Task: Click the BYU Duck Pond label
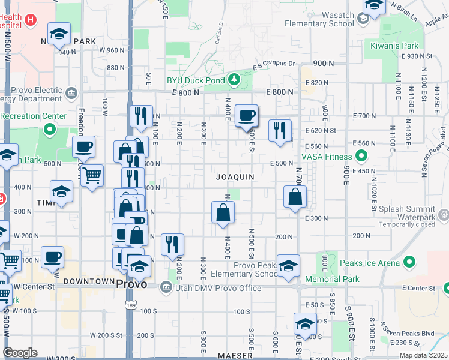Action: (x=194, y=80)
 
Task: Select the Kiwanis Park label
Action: (x=410, y=46)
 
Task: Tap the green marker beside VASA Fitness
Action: (x=361, y=157)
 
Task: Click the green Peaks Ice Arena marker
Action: (x=410, y=262)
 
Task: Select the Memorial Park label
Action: (x=332, y=279)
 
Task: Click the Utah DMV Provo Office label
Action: (x=218, y=288)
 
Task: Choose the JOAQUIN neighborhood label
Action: (x=236, y=177)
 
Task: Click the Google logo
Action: (x=20, y=353)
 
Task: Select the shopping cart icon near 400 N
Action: (x=92, y=175)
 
